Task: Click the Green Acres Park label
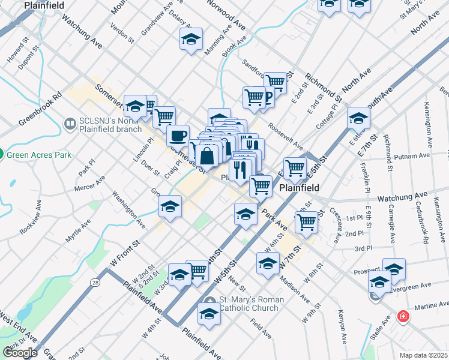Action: tap(39, 155)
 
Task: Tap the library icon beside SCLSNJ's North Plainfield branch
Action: tap(69, 124)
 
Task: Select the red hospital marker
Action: tap(403, 316)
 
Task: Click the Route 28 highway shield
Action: tap(95, 281)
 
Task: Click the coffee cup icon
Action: tap(177, 136)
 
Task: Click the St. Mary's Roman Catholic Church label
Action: tap(249, 304)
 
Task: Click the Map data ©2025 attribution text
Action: tap(423, 355)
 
